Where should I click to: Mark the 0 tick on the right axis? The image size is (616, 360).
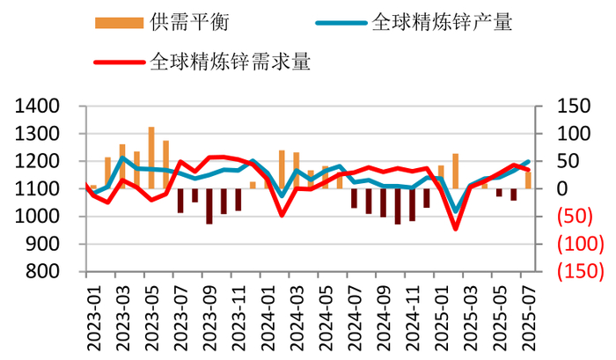[551, 189]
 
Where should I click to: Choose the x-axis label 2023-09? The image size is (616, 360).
[208, 316]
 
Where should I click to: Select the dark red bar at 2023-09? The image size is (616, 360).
[209, 206]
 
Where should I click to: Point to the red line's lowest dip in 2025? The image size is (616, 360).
[456, 229]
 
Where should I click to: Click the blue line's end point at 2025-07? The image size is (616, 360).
[528, 162]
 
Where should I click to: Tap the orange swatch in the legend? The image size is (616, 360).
[117, 23]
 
